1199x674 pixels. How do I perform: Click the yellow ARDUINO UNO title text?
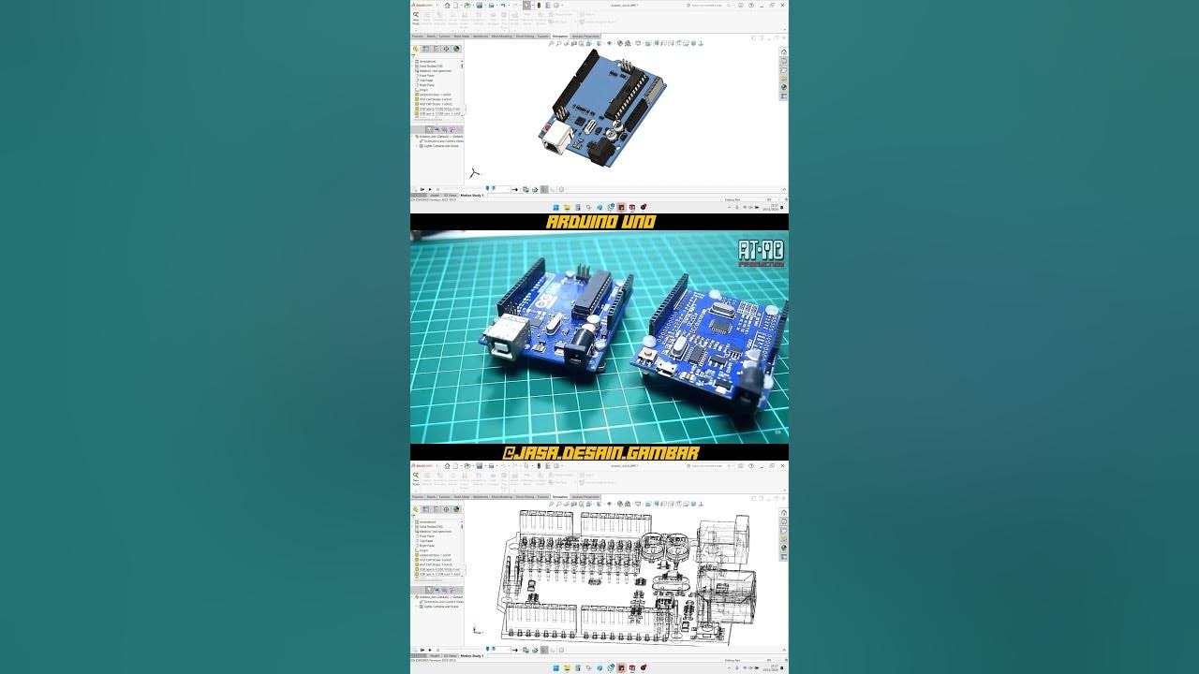click(x=600, y=222)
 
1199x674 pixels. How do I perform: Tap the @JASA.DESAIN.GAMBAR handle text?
click(x=600, y=452)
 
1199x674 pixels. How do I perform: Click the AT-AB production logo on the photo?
click(x=761, y=254)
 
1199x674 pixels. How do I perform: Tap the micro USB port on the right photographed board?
click(x=666, y=367)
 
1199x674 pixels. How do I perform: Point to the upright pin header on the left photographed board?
click(x=584, y=271)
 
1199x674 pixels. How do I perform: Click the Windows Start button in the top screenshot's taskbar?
click(x=555, y=207)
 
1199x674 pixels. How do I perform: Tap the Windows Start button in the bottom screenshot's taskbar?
click(x=555, y=667)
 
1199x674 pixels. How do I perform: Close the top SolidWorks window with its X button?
click(x=782, y=5)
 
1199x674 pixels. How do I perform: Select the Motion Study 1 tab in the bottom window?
click(x=471, y=656)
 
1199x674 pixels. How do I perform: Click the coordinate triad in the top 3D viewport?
click(x=474, y=172)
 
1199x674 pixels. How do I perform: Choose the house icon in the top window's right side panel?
click(x=784, y=51)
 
